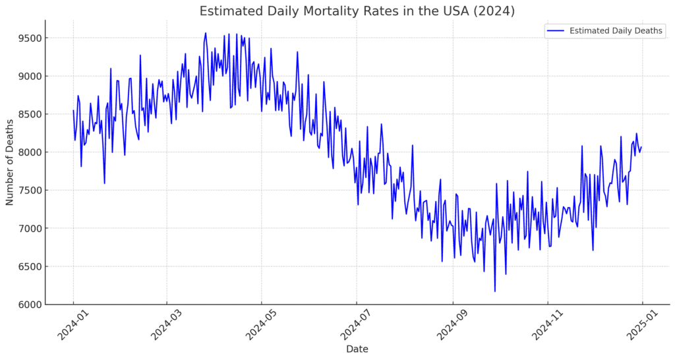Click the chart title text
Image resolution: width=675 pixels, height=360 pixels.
[x=357, y=11]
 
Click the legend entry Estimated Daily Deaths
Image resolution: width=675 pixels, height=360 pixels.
[x=616, y=30]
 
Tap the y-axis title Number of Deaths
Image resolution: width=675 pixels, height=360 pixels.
[x=10, y=162]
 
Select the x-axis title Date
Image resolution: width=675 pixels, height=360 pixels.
[x=357, y=349]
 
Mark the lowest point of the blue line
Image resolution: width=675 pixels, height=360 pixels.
[x=494, y=291]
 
